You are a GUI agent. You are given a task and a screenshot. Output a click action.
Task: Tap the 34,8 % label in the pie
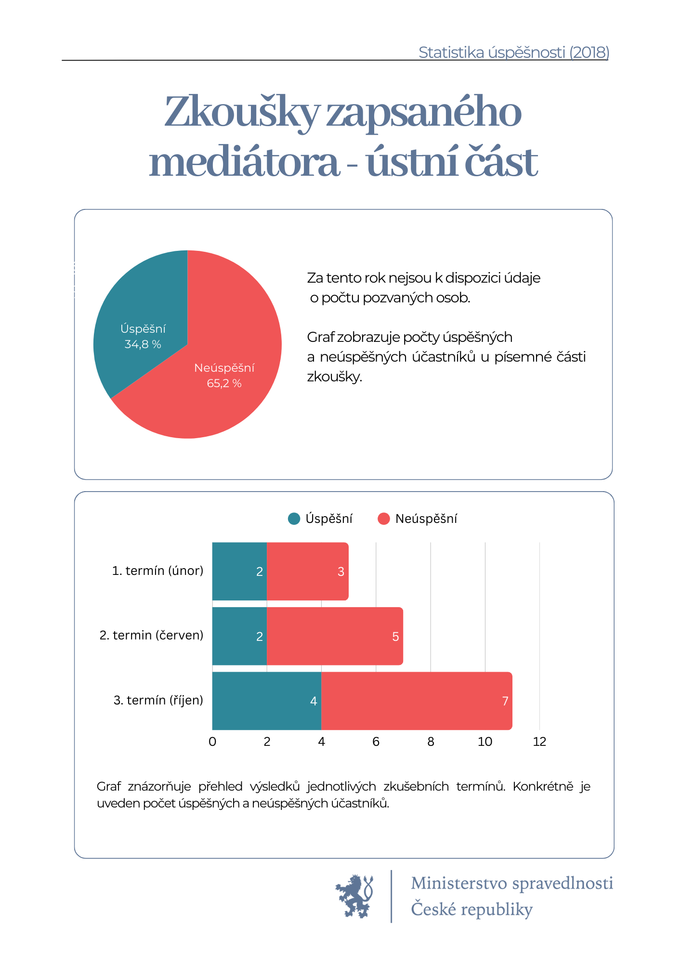(x=143, y=344)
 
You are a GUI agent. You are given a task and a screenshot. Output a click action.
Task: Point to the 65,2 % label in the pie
(x=224, y=383)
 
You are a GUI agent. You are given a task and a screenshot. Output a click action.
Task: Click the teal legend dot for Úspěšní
(x=294, y=519)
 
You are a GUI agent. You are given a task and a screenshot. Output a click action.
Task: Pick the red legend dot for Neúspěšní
(x=383, y=519)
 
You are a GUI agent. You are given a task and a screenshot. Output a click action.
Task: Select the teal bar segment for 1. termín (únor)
(x=239, y=571)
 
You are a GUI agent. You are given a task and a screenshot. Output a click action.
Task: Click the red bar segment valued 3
(x=307, y=571)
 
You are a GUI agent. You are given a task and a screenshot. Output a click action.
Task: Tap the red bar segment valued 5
(x=335, y=636)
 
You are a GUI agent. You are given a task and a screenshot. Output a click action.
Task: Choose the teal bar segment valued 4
(x=267, y=701)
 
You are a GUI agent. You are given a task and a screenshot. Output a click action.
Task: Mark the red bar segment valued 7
(x=417, y=701)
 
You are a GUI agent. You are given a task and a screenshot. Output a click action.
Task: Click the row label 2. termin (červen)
(x=151, y=636)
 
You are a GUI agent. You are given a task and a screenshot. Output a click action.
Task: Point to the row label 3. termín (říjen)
(x=158, y=701)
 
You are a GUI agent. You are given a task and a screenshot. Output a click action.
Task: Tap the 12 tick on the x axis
(x=539, y=742)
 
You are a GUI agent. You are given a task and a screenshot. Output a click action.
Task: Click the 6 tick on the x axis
(x=376, y=742)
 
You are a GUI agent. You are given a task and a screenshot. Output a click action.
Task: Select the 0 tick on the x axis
(x=212, y=742)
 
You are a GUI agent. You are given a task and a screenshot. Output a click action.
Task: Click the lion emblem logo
(x=355, y=896)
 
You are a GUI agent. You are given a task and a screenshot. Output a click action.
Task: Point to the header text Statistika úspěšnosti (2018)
(x=514, y=52)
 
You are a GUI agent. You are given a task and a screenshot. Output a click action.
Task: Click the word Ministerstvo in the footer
(x=459, y=883)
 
